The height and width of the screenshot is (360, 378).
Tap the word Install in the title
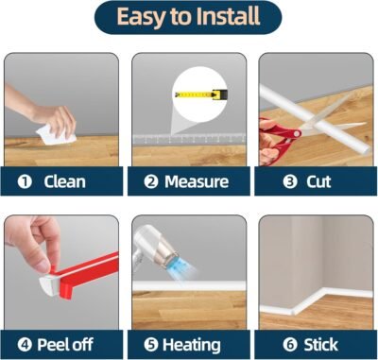pyautogui.click(x=225, y=16)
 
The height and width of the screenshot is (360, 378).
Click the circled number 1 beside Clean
pyautogui.click(x=25, y=181)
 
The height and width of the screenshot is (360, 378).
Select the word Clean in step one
pyautogui.click(x=64, y=181)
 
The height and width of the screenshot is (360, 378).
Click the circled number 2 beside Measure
pyautogui.click(x=151, y=181)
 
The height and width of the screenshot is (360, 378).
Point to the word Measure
pyautogui.click(x=197, y=181)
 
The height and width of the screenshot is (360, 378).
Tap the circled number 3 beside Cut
pyautogui.click(x=290, y=181)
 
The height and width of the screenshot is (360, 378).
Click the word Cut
pyautogui.click(x=318, y=181)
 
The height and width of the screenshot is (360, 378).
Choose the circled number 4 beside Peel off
pyautogui.click(x=25, y=345)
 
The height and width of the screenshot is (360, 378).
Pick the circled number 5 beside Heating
pyautogui.click(x=151, y=345)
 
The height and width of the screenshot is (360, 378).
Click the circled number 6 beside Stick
pyautogui.click(x=290, y=345)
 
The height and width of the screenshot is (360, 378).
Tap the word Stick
pyautogui.click(x=321, y=345)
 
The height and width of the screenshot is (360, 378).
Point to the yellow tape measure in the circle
pyautogui.click(x=201, y=94)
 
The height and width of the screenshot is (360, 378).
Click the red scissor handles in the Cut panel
pyautogui.click(x=277, y=140)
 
